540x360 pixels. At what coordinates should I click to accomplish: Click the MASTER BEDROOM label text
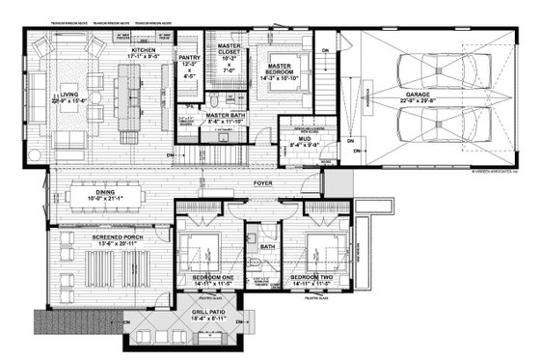(285, 65)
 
